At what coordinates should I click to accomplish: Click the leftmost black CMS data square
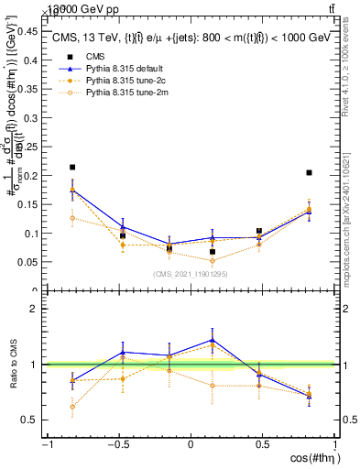point(72,168)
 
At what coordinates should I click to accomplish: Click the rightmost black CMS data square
point(310,172)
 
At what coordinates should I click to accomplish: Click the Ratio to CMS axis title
point(11,365)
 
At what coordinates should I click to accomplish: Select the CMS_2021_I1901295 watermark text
point(191,273)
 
